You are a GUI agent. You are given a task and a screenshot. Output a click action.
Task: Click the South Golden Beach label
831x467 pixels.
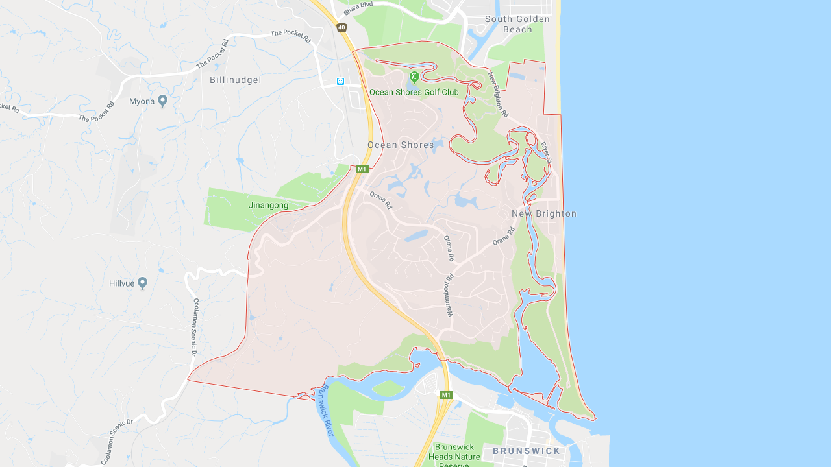click(x=517, y=24)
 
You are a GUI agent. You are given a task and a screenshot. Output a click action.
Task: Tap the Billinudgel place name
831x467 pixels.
click(x=236, y=80)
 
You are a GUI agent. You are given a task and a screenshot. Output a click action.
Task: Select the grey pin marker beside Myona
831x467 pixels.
click(x=162, y=101)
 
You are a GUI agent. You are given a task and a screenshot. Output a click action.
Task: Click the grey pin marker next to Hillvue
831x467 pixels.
click(x=143, y=283)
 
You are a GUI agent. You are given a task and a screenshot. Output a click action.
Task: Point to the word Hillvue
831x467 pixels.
click(x=121, y=283)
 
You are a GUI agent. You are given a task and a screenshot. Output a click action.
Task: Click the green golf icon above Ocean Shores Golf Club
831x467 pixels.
click(x=414, y=78)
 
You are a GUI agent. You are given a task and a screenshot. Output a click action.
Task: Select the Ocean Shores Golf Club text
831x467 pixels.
click(x=414, y=92)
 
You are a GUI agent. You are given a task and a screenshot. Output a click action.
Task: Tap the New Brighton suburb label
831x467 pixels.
click(x=544, y=213)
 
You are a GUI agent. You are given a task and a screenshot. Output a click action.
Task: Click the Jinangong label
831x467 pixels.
click(x=268, y=205)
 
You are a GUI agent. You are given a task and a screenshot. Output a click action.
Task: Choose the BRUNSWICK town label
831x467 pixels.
click(x=527, y=451)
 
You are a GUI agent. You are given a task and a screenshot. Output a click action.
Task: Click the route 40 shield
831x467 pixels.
click(x=341, y=27)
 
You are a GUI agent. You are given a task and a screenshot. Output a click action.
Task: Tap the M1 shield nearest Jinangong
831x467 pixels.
click(x=362, y=169)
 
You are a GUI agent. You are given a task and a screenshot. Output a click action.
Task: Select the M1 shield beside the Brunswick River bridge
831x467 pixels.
click(x=446, y=395)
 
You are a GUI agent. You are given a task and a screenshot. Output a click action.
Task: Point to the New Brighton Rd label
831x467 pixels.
click(x=499, y=94)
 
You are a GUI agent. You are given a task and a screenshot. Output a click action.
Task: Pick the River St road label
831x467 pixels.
click(x=546, y=152)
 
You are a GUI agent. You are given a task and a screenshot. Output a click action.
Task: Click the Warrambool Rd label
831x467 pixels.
click(x=449, y=294)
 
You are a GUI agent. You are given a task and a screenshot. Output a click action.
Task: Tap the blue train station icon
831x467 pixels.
click(x=340, y=81)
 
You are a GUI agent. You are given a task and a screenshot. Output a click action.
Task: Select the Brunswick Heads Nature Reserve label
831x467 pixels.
click(x=458, y=456)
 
